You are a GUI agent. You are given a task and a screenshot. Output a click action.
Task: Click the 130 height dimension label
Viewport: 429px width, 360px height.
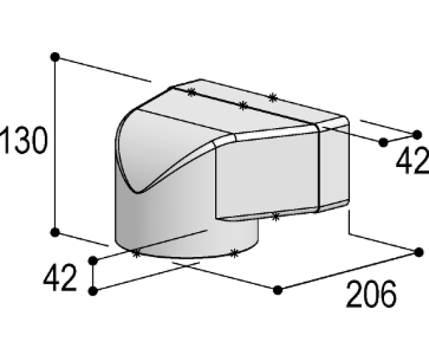coord(24,141)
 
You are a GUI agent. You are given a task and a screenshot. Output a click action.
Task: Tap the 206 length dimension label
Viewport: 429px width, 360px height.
coord(371,293)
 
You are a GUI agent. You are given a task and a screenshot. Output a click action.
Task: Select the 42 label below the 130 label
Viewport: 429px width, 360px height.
coord(60,278)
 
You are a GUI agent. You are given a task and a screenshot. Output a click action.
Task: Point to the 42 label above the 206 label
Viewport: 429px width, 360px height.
coord(412,161)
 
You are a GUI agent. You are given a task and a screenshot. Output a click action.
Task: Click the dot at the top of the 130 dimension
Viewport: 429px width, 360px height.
coord(55,56)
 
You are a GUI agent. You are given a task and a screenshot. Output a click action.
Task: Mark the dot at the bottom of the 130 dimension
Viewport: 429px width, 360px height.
coord(55,232)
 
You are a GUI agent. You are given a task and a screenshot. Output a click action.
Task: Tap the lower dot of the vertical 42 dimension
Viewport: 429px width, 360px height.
coord(94,290)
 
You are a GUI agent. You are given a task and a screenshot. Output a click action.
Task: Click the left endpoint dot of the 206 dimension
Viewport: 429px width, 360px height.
coord(278,290)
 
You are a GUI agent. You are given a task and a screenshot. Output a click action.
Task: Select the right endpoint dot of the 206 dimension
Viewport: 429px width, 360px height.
coord(419,251)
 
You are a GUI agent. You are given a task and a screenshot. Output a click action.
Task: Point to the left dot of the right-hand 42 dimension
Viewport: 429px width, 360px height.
coord(383,142)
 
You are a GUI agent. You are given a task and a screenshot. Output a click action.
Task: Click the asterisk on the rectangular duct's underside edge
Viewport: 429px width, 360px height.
coord(275,215)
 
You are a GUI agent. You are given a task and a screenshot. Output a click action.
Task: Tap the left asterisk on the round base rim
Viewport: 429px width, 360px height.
coord(136,253)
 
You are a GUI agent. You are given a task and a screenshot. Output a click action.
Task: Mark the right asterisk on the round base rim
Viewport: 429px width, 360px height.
coord(234,253)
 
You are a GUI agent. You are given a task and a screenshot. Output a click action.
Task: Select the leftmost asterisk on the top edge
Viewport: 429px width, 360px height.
coord(192,93)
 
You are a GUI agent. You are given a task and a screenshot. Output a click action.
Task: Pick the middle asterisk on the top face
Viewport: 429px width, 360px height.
coord(243,105)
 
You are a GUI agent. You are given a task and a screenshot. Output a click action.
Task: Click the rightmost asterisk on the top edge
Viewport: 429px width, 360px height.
coord(272,98)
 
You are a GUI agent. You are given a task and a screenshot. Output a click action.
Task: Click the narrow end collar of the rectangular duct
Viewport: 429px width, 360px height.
coord(333,168)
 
